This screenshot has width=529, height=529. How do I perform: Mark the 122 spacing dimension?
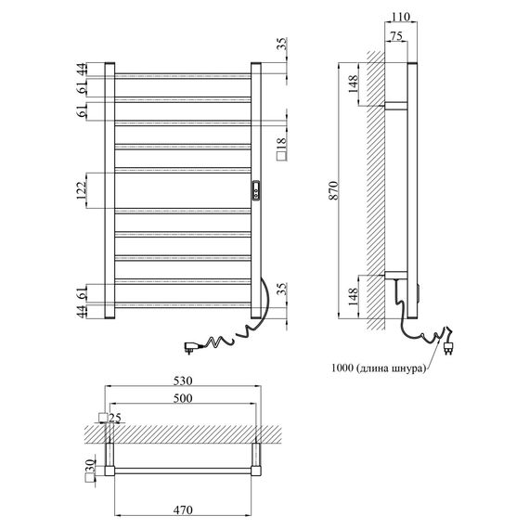pos(82,190)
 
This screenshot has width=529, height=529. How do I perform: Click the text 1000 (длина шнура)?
pos(379,368)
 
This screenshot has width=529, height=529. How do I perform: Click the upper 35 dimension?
pos(281,45)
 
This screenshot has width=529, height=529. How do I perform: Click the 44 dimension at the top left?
pos(82,69)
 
